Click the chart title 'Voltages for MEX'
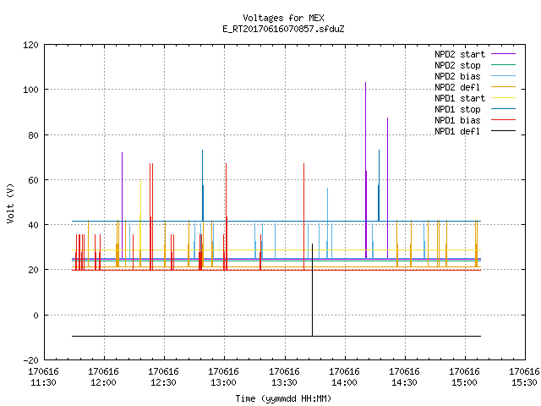pos(283,18)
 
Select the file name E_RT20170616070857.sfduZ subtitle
pos(283,29)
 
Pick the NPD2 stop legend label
pos(457,65)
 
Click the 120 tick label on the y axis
pos(30,45)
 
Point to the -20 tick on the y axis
pos(30,360)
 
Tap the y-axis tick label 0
pos(36,315)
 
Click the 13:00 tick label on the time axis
pos(223,377)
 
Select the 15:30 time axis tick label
pos(524,377)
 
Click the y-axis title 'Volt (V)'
pos(10,203)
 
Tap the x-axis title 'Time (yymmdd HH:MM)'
pos(283,398)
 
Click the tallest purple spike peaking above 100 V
pos(366,170)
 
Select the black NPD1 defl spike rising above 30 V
pos(312,289)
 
